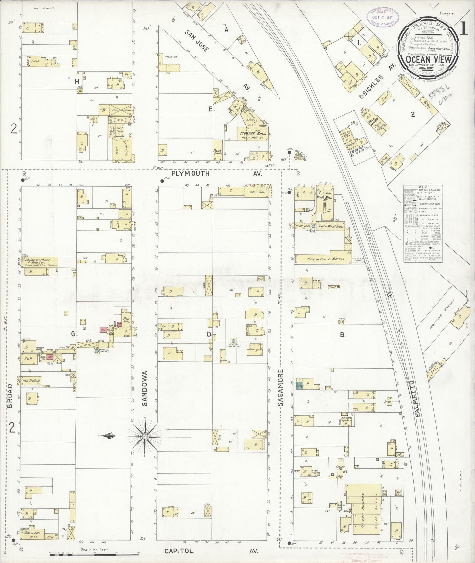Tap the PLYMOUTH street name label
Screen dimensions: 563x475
(191, 174)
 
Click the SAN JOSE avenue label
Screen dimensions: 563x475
(197, 41)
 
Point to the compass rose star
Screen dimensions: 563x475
(144, 436)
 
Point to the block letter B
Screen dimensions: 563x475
(343, 335)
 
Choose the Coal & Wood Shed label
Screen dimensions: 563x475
(331, 226)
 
